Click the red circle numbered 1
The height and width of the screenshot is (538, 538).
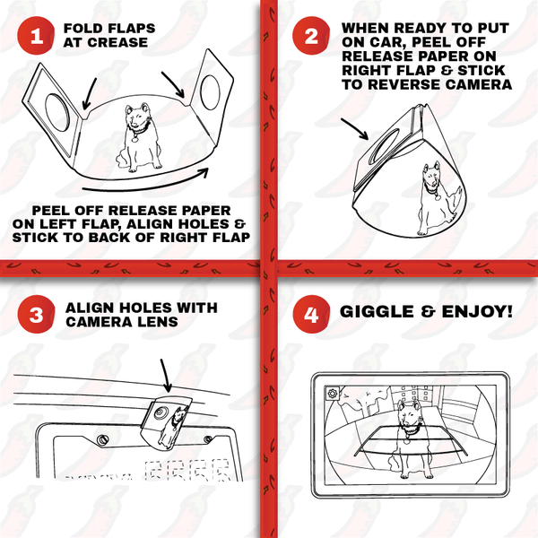pyautogui.click(x=36, y=35)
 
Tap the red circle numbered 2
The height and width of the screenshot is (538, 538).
pyautogui.click(x=311, y=35)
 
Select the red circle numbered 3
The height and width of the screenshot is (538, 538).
pyautogui.click(x=36, y=314)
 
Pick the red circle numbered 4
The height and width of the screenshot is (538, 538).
pyautogui.click(x=311, y=314)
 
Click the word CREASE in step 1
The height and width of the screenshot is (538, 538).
pyautogui.click(x=117, y=42)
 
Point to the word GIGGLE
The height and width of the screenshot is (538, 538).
pyautogui.click(x=377, y=311)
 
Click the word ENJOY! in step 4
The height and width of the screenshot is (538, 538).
pyautogui.click(x=477, y=311)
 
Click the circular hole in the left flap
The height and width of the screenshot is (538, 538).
pyautogui.click(x=58, y=112)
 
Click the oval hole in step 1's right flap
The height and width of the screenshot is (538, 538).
pyautogui.click(x=210, y=93)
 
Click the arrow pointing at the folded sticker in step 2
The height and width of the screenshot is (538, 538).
pyautogui.click(x=354, y=129)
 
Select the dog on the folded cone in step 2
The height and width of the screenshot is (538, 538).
pyautogui.click(x=440, y=198)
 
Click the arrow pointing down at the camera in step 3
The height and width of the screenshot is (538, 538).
pyautogui.click(x=166, y=376)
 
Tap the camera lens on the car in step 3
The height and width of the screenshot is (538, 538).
pyautogui.click(x=161, y=412)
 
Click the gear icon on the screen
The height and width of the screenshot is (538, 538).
pyautogui.click(x=332, y=394)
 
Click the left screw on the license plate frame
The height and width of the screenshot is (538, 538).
pyautogui.click(x=102, y=440)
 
